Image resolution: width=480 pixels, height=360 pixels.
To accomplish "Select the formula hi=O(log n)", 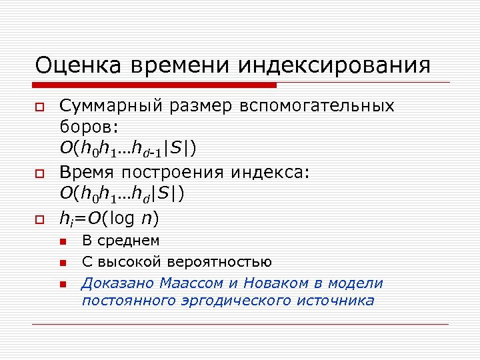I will click(110, 218).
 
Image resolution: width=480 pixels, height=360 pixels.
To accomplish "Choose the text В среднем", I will click(121, 241).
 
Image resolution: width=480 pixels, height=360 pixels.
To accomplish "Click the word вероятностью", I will click(221, 261).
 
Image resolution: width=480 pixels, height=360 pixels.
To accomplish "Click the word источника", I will click(337, 301).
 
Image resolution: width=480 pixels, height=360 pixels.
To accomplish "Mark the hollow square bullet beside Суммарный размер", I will click(40, 107).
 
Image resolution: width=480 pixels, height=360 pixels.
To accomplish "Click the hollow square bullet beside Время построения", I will click(40, 173).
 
